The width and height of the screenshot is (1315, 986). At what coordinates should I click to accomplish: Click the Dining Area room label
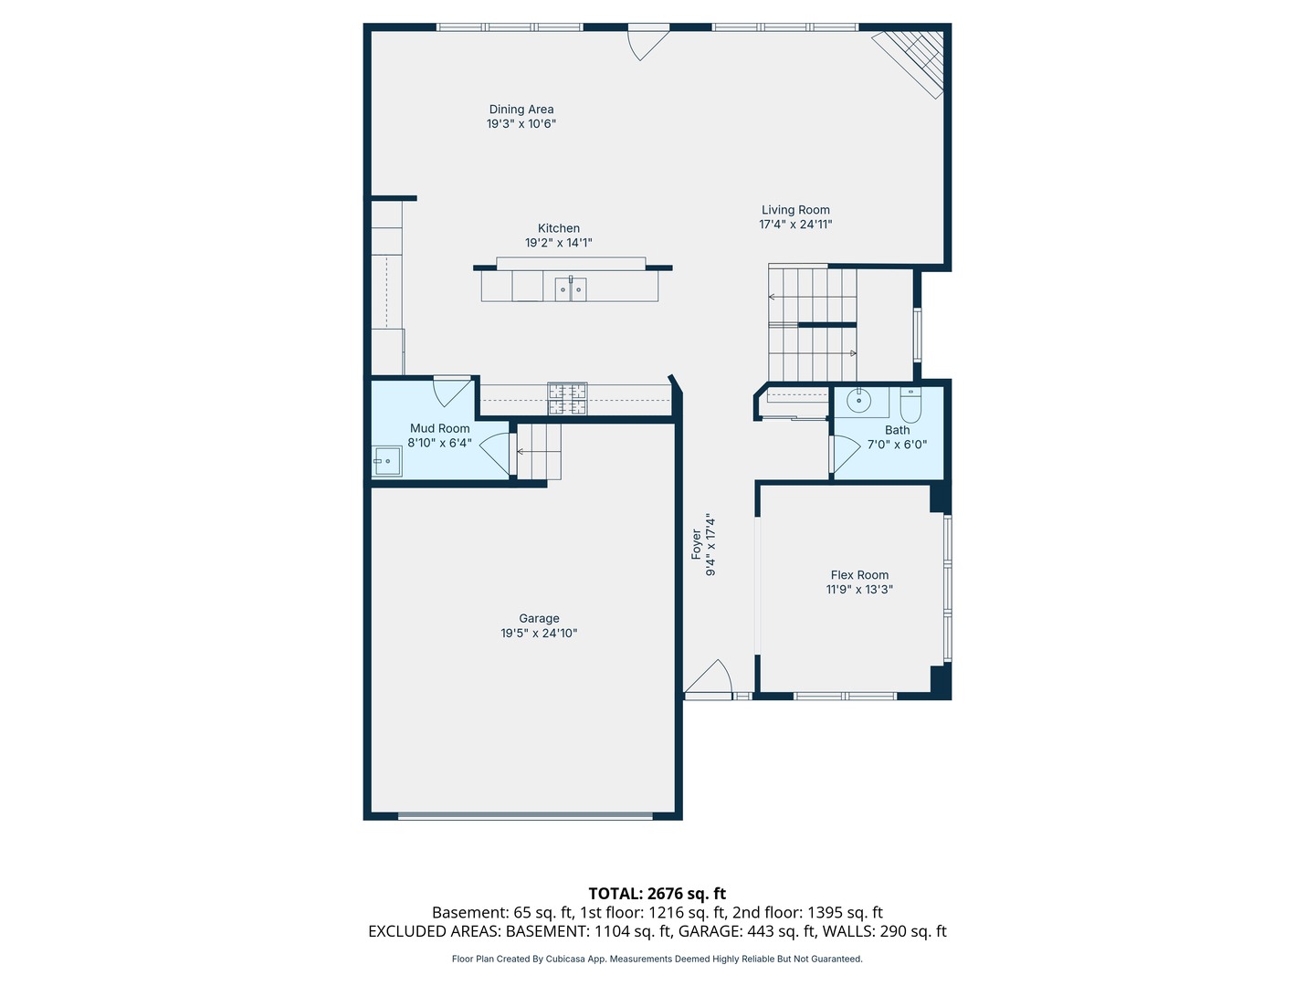coord(521,110)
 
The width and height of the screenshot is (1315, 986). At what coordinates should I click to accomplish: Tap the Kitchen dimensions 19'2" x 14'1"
coord(558,243)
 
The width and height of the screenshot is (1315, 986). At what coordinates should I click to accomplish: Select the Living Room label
coord(795,210)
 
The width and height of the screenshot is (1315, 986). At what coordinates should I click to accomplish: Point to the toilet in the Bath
coord(910,403)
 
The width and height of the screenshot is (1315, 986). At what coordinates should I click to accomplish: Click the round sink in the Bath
coord(858,400)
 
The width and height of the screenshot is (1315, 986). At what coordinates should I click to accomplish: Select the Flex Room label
coord(859,575)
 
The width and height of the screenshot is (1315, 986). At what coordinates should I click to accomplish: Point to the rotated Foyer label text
coord(696,544)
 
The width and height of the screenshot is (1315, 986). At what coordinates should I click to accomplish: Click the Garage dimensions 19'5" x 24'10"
coord(539,634)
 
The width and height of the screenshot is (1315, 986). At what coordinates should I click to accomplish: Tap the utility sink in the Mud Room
coord(387,461)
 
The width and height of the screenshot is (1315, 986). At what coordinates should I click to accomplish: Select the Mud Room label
coord(439,428)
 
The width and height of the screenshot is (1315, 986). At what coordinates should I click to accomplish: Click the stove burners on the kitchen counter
coord(567,399)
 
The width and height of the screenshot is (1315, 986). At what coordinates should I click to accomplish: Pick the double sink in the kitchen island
coord(571,289)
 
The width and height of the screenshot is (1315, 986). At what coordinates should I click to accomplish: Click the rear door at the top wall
coord(647,41)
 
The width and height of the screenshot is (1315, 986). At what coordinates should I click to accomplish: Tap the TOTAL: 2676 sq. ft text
coord(657,894)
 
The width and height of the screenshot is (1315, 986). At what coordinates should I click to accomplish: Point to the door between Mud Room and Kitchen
coord(450,391)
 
